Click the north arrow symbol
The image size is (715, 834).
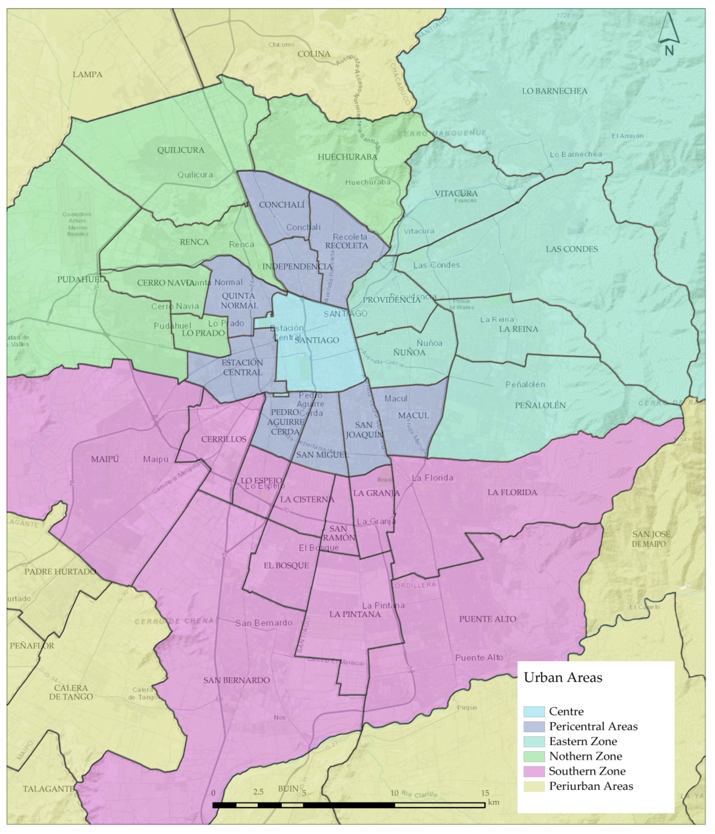click(669, 30)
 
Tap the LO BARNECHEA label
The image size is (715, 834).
click(554, 91)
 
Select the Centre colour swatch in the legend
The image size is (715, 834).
click(534, 711)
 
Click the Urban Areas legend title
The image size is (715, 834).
click(563, 677)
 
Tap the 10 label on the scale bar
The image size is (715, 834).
click(394, 793)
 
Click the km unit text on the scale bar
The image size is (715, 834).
click(494, 802)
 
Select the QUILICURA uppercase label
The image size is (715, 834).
click(181, 150)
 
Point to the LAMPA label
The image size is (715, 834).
click(87, 74)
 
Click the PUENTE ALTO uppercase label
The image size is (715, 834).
click(488, 619)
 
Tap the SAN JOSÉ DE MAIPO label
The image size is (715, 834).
click(651, 539)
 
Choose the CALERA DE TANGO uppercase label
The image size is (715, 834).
click(71, 692)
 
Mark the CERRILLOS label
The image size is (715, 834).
click(223, 439)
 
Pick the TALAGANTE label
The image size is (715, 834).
click(48, 789)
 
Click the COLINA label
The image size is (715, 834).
click(314, 54)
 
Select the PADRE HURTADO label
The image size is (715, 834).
click(60, 572)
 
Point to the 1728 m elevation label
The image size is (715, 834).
click(567, 15)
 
